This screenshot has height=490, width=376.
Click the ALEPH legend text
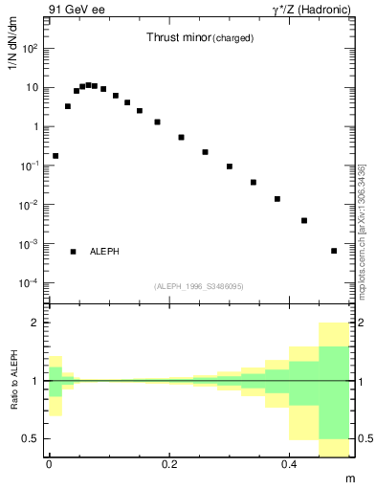(x=104, y=252)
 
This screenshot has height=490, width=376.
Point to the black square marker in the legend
(x=73, y=252)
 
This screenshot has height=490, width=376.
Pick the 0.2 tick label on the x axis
(x=169, y=464)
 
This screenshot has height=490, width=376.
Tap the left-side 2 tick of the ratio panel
(x=36, y=323)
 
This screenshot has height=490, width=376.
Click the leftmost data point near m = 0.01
(x=55, y=155)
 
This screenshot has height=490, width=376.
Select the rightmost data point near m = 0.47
(x=334, y=251)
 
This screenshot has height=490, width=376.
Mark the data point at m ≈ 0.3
(x=230, y=167)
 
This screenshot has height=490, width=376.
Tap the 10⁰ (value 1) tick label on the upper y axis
(x=33, y=126)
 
